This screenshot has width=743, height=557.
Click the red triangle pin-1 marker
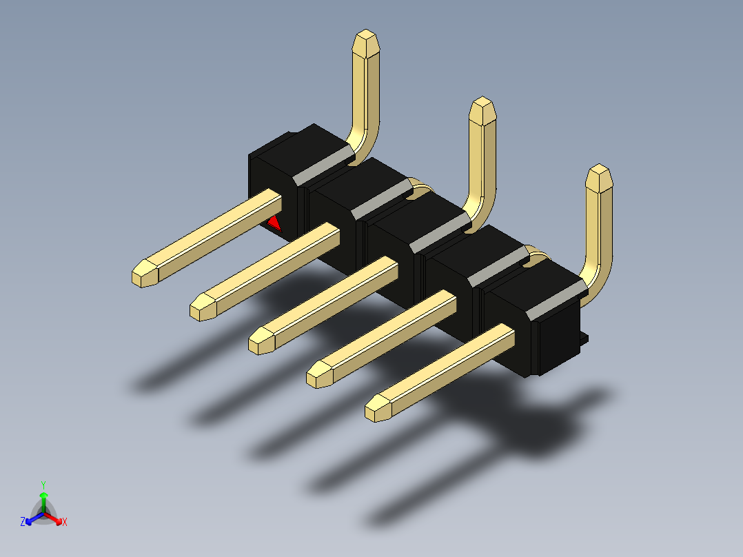coord(274,223)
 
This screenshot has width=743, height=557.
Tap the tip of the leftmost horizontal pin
coord(143,275)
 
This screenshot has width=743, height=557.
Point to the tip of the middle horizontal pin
coord(260,341)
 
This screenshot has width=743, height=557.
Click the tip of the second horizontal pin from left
coord(201,307)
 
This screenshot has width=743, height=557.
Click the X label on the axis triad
coord(65,523)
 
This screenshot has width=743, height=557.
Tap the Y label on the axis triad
coord(43,484)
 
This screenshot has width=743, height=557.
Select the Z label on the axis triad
coord(23,522)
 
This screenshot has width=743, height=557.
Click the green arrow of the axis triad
coord(43,497)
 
